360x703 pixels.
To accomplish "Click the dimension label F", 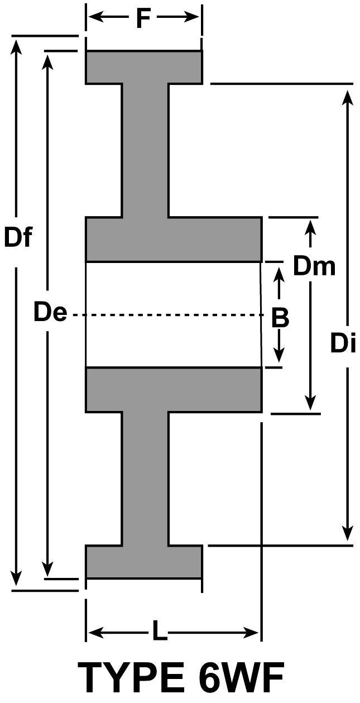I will coord(143,18).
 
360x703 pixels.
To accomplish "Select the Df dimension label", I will coord(18,237).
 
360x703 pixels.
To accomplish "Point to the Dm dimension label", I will coord(314,266).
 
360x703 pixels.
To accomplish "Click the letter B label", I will coord(280,318).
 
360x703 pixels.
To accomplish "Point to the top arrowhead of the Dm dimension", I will coord(311,226).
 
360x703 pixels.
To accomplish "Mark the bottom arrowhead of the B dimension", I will coord(280,357).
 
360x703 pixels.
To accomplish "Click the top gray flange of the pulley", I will coord(143,67).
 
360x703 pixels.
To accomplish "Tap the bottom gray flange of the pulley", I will coord(143,561).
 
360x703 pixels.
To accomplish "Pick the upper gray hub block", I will coord(173,239).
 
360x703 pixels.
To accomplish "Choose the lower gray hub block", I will coord(173,390).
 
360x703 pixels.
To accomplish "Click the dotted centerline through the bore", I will coord(167,315).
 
